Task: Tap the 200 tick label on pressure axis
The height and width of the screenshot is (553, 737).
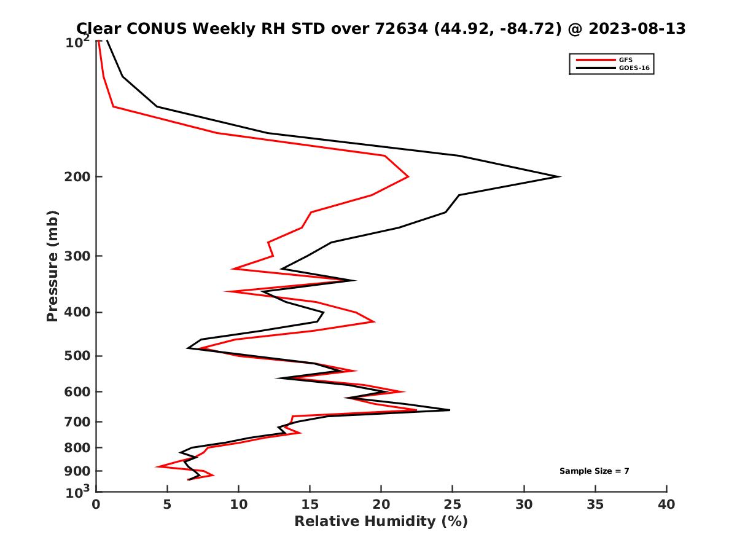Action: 77,177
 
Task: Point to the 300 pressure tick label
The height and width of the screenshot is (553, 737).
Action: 77,256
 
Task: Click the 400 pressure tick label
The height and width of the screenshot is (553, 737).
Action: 77,312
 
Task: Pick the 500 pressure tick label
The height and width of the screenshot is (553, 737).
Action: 77,356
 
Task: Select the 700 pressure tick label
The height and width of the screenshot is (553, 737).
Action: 77,422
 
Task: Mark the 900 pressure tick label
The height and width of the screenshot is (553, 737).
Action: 77,471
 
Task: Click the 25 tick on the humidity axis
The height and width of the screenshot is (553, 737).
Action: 453,504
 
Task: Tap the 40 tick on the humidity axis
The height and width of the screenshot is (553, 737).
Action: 666,504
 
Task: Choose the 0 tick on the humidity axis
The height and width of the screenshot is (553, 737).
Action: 96,504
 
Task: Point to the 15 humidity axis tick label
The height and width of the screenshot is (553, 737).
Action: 310,504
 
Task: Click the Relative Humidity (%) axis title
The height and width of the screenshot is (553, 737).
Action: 381,522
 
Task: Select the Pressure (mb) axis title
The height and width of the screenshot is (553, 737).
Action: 53,265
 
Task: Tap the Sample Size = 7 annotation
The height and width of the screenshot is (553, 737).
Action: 594,471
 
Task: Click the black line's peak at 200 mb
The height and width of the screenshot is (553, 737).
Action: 560,177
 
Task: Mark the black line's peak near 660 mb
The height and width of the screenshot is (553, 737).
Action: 450,410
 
